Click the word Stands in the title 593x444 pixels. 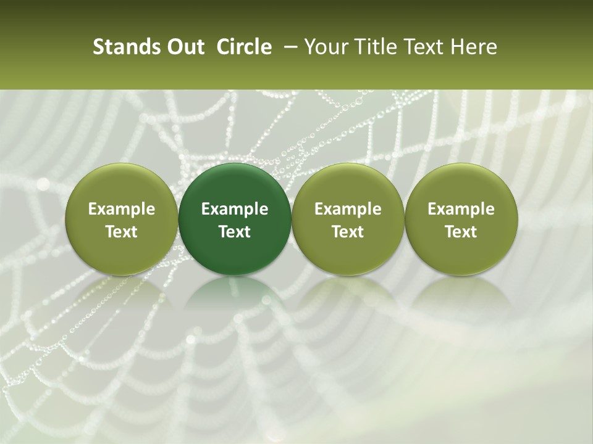click(x=124, y=47)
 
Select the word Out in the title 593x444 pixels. click(x=184, y=47)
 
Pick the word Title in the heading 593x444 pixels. click(x=371, y=47)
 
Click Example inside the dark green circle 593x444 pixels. click(x=235, y=209)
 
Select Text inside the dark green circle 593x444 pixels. click(x=235, y=232)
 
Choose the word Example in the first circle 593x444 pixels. click(x=122, y=209)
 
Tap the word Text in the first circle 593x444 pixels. click(x=122, y=232)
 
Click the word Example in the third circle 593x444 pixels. click(x=348, y=209)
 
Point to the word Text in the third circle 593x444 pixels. click(x=348, y=232)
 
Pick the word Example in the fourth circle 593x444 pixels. click(x=461, y=209)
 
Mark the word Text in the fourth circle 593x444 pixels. click(x=461, y=232)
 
